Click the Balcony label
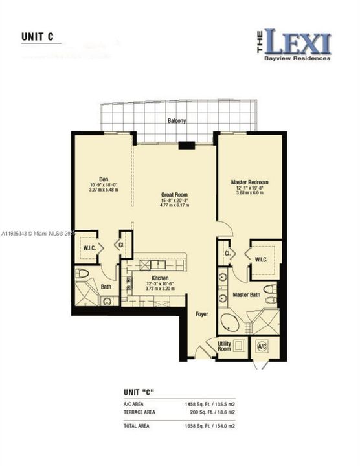[177, 121]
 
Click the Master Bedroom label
[249, 183]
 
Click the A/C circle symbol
[263, 346]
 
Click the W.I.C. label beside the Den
[89, 247]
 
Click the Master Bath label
[246, 295]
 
